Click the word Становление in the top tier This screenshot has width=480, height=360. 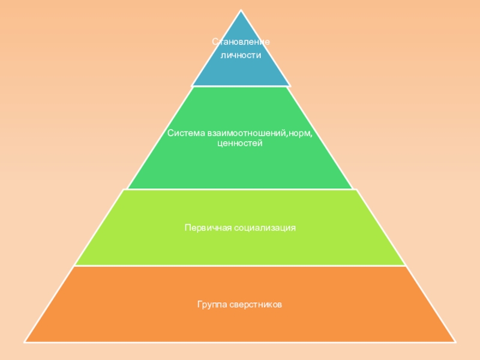[x=241, y=42]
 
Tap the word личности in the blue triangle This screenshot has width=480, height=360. [x=241, y=55]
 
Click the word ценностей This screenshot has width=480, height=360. [x=240, y=144]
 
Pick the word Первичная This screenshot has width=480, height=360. [x=208, y=228]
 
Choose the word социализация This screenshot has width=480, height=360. [x=265, y=228]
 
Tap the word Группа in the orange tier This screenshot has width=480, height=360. [x=211, y=305]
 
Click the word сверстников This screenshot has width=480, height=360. [x=256, y=305]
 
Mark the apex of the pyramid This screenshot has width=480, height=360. [x=241, y=10]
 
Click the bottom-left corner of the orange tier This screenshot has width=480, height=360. [x=25, y=341]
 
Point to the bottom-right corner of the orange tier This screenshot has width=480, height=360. [x=455, y=341]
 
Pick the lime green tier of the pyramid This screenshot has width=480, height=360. [x=240, y=246]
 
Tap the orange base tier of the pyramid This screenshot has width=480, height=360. [x=240, y=324]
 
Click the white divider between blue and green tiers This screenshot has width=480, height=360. [x=241, y=86]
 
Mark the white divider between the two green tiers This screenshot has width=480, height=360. [x=240, y=189]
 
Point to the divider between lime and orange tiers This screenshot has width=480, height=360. [x=240, y=266]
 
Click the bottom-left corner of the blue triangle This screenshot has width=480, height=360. [x=192, y=85]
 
